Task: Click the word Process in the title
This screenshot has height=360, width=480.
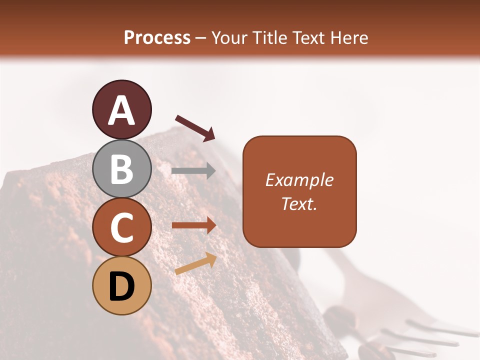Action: click(157, 38)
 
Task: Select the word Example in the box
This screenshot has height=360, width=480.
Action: click(299, 180)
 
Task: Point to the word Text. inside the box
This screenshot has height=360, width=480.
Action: click(299, 203)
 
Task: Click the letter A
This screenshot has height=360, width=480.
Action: click(121, 110)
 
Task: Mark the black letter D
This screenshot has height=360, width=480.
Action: click(121, 286)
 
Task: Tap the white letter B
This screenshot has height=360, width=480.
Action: click(121, 168)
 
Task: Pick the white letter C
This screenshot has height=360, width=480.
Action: click(121, 227)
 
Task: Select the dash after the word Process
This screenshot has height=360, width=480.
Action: click(201, 38)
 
